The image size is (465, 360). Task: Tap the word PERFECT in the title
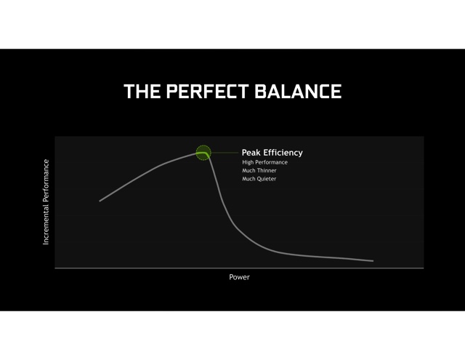pyautogui.click(x=207, y=91)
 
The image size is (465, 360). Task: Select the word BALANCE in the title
pyautogui.click(x=298, y=91)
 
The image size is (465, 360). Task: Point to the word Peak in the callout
pyautogui.click(x=251, y=153)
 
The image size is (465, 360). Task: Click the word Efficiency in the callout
pyautogui.click(x=283, y=153)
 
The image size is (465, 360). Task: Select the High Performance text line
pyautogui.click(x=264, y=162)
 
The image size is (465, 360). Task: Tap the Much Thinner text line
pyautogui.click(x=259, y=171)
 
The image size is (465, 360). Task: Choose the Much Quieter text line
pyautogui.click(x=259, y=179)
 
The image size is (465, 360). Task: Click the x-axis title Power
pyautogui.click(x=239, y=277)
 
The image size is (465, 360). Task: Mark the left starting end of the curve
pyautogui.click(x=100, y=201)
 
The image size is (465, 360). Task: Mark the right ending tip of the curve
pyautogui.click(x=373, y=261)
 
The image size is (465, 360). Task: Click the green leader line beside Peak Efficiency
pyautogui.click(x=225, y=153)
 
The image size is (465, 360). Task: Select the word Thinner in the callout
pyautogui.click(x=267, y=171)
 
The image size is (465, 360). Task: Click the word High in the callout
pyautogui.click(x=248, y=162)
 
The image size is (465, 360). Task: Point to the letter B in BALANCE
pyautogui.click(x=261, y=91)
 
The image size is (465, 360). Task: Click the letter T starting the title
pyautogui.click(x=129, y=91)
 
